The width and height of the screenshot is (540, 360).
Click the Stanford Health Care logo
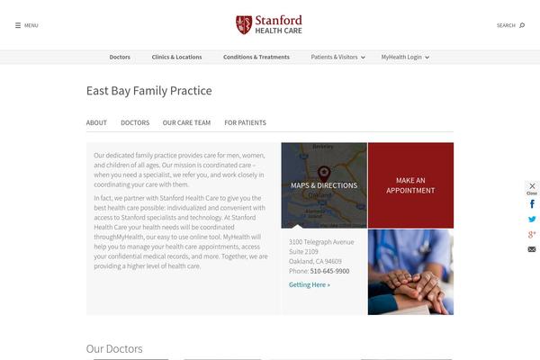(x=269, y=24)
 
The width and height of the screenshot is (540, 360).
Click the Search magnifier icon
(x=522, y=25)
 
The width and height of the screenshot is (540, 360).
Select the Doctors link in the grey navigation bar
(x=120, y=57)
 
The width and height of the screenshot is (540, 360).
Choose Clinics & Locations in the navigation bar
(x=176, y=57)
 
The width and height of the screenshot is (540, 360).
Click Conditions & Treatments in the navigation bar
(x=256, y=57)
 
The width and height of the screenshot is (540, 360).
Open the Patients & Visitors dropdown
(x=337, y=57)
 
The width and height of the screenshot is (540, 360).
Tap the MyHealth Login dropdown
(x=405, y=57)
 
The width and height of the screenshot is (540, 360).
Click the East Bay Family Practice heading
(x=148, y=91)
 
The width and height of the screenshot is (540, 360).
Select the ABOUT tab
(x=96, y=122)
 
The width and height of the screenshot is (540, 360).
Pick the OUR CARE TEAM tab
(x=186, y=122)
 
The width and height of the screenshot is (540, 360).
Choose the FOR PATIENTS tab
(x=245, y=122)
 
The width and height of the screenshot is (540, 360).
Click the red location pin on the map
(x=324, y=173)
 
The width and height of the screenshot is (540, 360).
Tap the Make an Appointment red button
(x=410, y=185)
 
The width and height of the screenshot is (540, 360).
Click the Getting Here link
(x=310, y=284)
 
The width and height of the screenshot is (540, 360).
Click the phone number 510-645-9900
(x=329, y=271)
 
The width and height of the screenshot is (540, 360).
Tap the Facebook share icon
(x=532, y=204)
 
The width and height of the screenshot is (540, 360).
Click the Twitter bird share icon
(x=532, y=219)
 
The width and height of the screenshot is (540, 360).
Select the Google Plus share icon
(x=532, y=234)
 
